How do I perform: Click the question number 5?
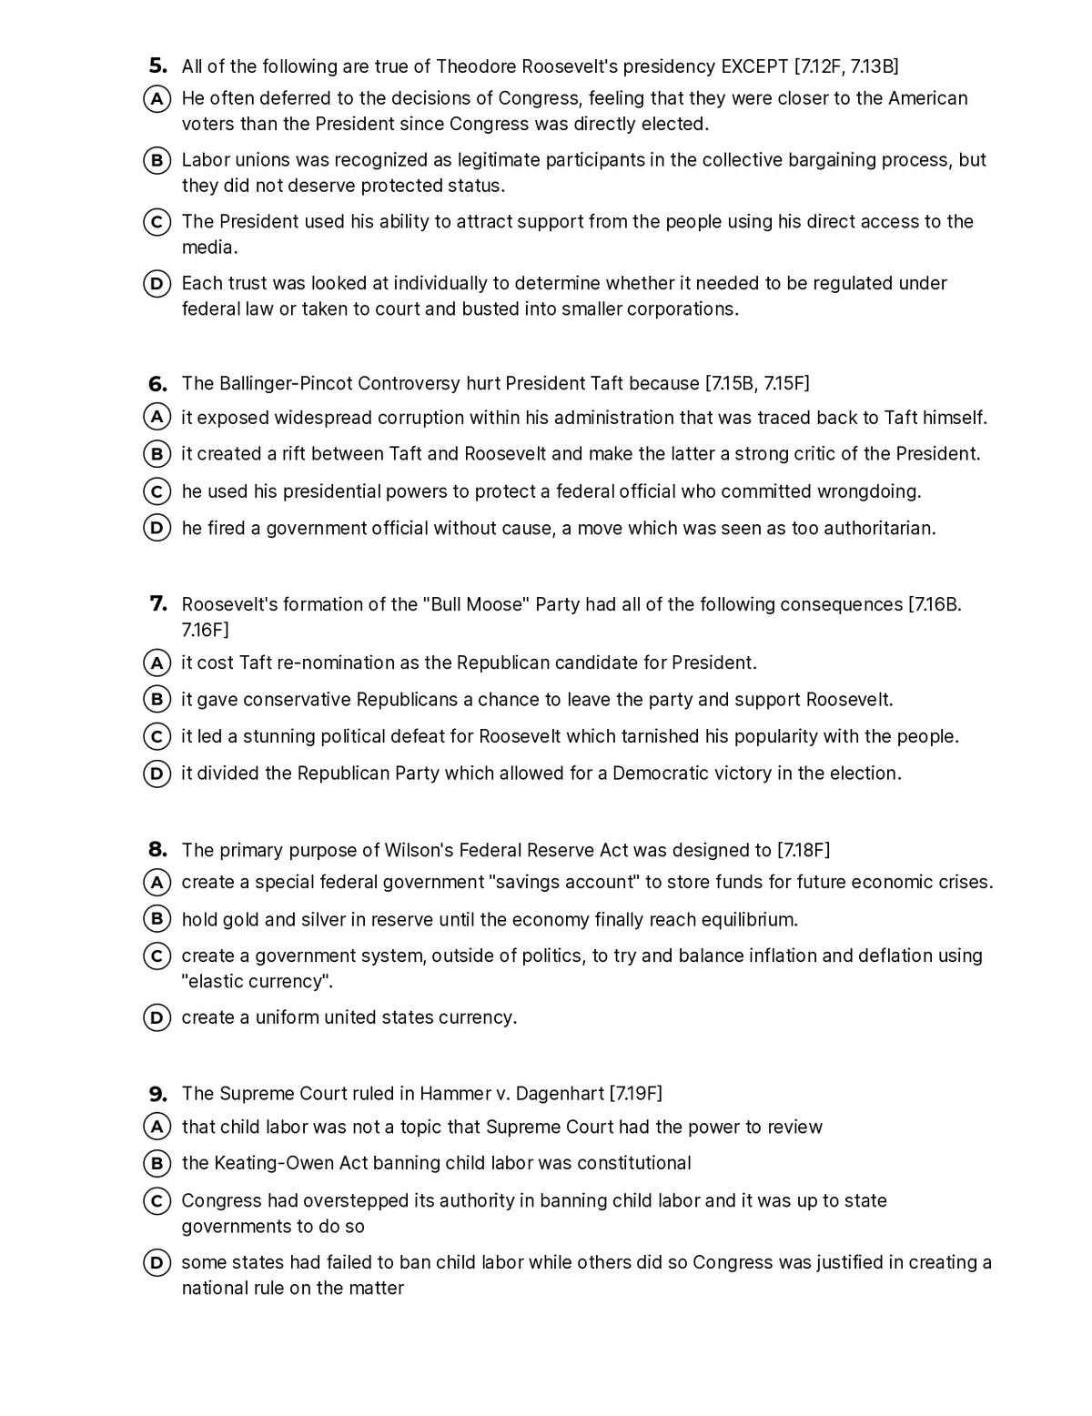157,66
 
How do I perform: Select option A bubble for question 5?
157,98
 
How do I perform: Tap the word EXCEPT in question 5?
753,66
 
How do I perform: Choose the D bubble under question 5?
157,284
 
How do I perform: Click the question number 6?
157,383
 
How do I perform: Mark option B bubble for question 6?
157,453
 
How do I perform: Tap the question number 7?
157,604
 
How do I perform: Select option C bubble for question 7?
157,736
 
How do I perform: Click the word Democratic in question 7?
672,773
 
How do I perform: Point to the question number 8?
157,850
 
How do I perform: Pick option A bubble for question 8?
157,882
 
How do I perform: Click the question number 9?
157,1093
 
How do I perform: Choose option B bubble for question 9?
157,1163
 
